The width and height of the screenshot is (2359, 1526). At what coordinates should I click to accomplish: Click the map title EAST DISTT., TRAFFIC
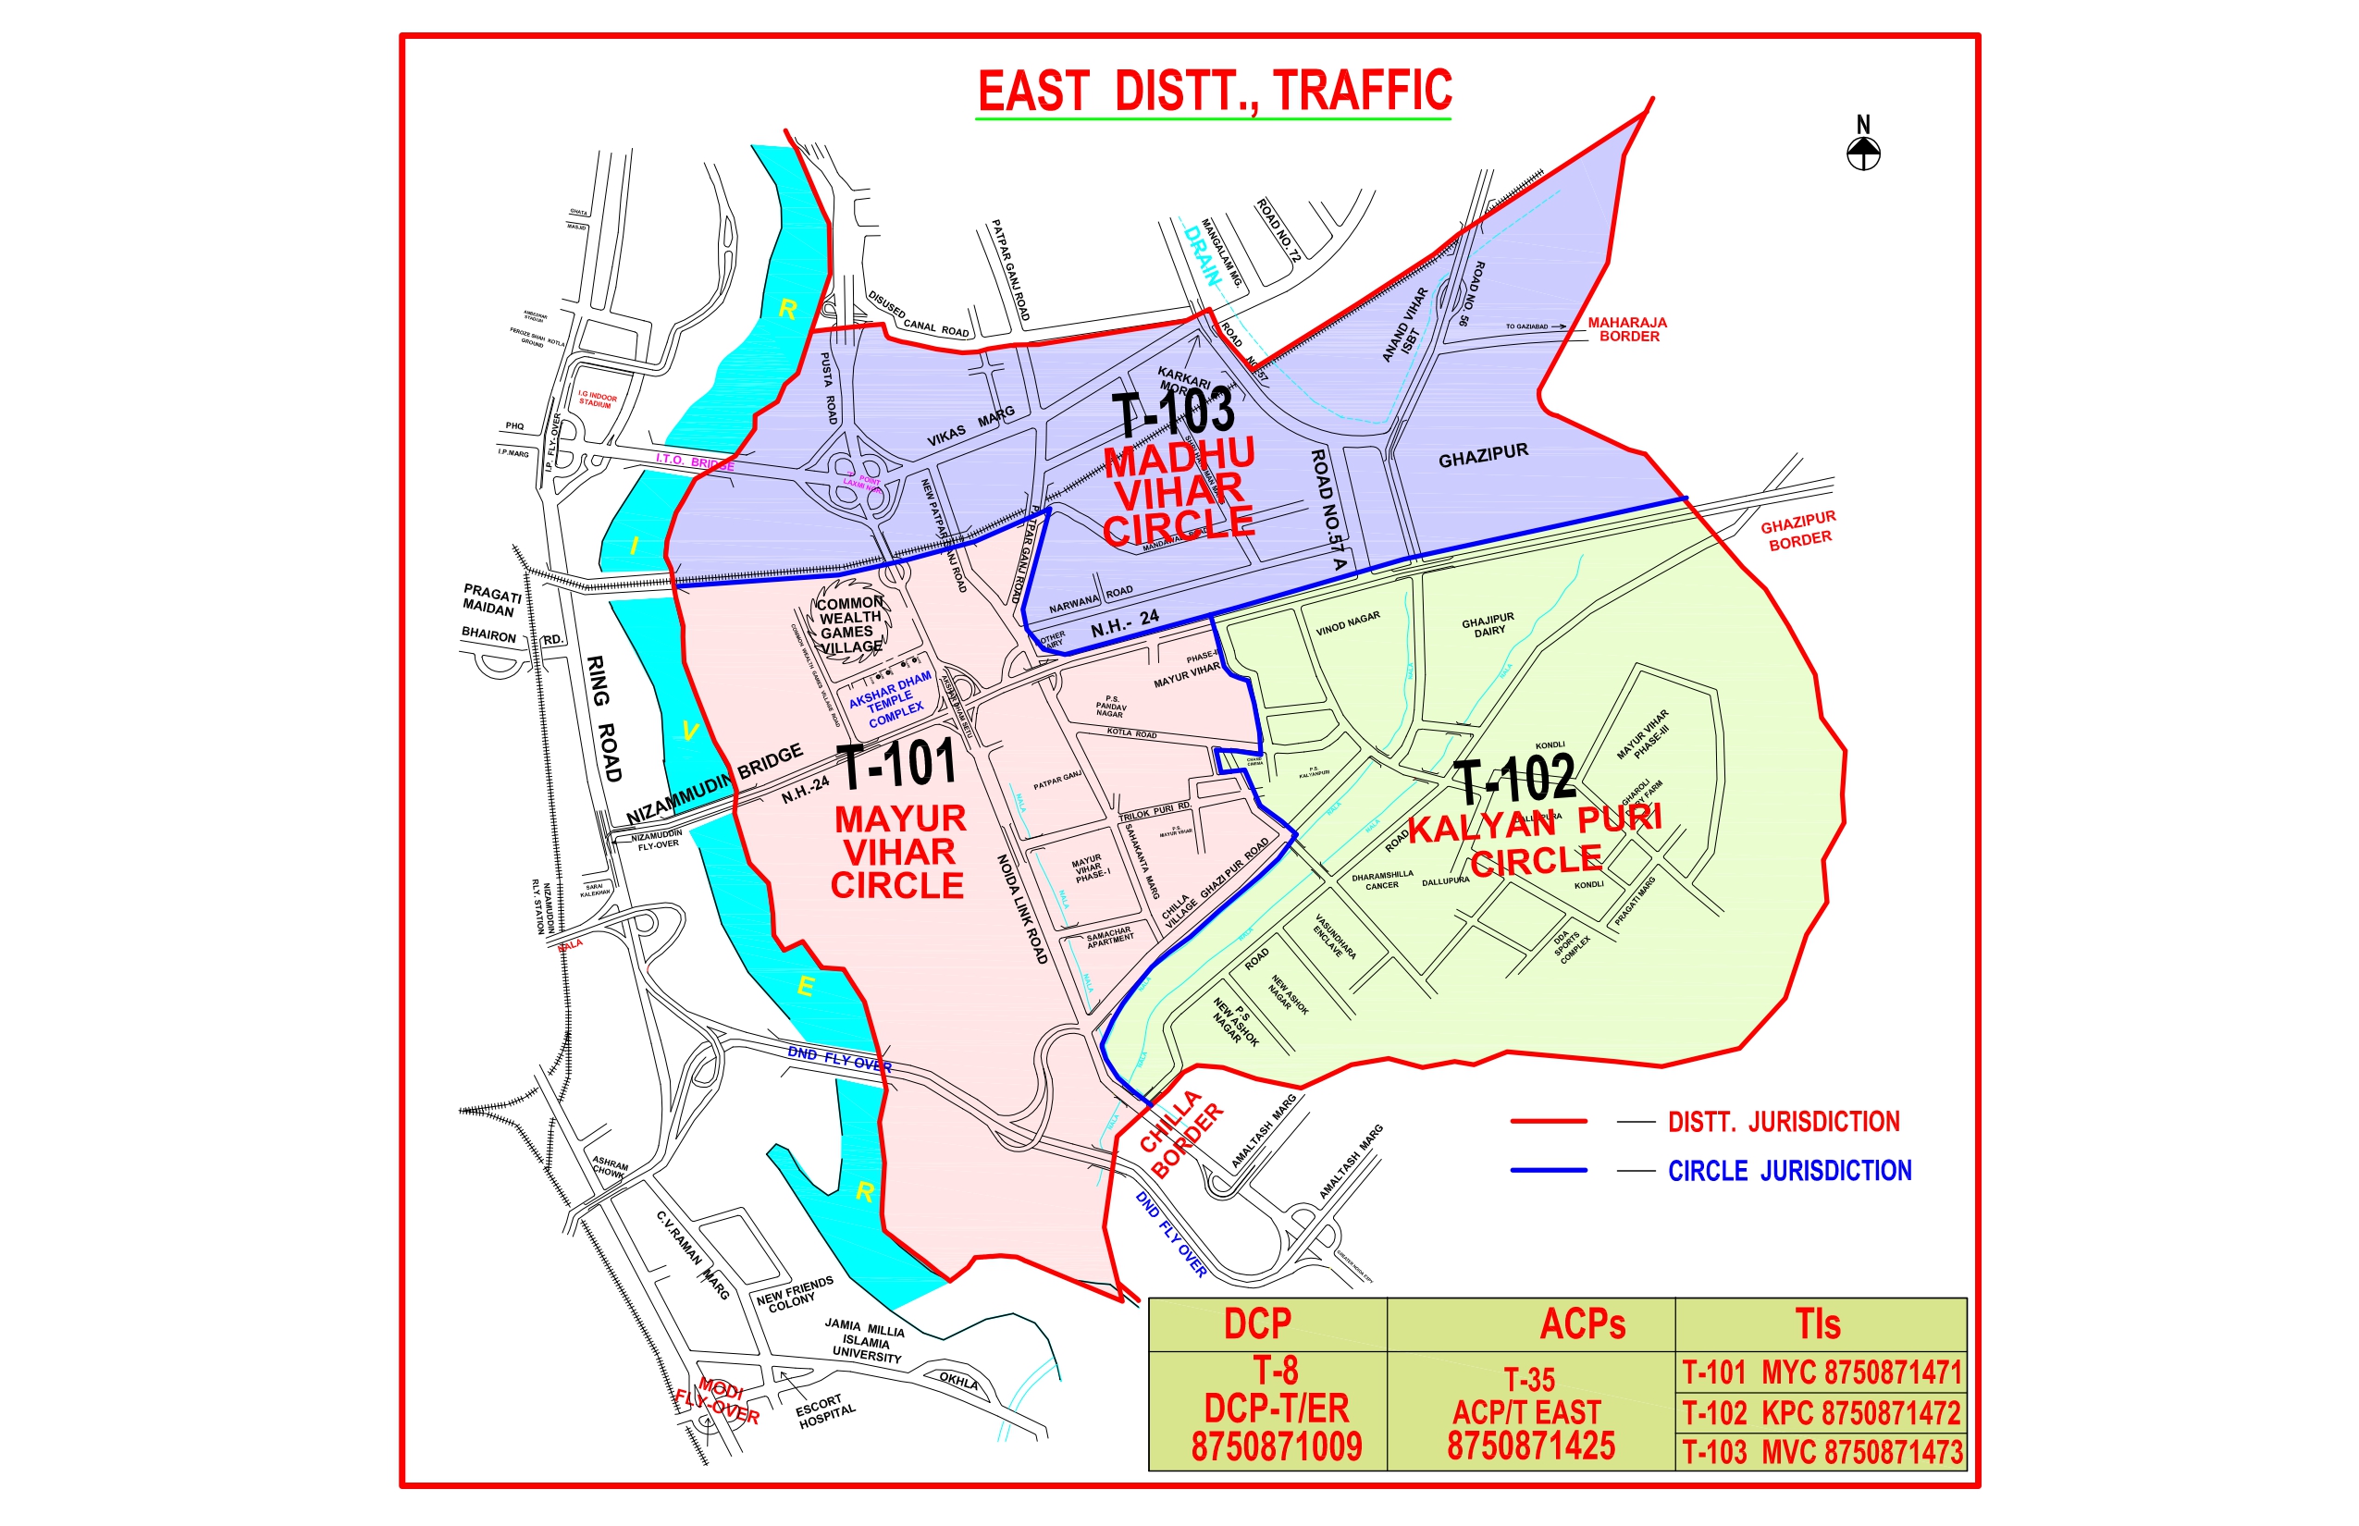tap(1213, 92)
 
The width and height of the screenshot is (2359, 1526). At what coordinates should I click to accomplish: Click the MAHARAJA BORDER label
tap(1627, 329)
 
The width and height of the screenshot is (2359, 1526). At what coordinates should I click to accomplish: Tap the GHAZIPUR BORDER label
tap(1799, 530)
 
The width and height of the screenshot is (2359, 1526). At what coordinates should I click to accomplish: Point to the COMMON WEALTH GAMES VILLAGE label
tap(848, 624)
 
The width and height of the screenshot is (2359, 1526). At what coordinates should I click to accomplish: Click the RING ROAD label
tap(603, 718)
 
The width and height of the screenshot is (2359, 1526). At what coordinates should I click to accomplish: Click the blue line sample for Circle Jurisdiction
tap(1549, 1170)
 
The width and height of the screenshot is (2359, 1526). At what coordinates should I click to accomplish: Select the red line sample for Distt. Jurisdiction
tap(1549, 1121)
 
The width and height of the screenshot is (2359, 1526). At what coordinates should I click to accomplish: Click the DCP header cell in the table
tap(1258, 1323)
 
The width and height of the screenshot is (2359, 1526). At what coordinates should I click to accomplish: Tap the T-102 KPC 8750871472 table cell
tap(1821, 1412)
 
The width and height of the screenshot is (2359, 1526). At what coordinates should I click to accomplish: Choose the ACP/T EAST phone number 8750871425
tap(1530, 1446)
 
